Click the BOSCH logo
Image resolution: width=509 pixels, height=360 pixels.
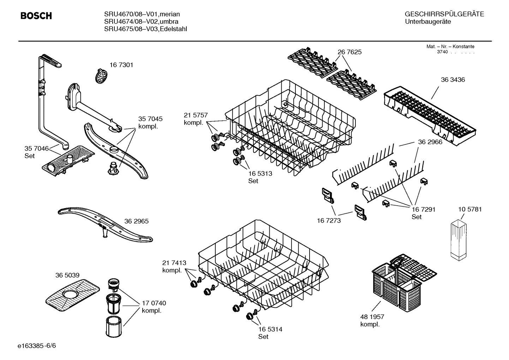tap(36, 16)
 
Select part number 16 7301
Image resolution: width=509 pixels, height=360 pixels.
tap(121, 65)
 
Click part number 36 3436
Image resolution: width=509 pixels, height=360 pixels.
tap(453, 79)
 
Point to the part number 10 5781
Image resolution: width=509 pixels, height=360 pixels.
tap(469, 209)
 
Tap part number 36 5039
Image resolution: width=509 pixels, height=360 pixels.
tap(67, 275)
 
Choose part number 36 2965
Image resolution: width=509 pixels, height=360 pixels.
tap(136, 221)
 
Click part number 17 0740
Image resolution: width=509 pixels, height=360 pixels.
tap(154, 303)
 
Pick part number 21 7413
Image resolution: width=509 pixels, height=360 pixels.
tap(174, 263)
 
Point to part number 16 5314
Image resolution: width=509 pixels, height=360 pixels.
tap(270, 329)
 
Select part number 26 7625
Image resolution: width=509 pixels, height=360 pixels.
tap(349, 52)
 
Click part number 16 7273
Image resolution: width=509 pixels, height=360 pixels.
tap(329, 220)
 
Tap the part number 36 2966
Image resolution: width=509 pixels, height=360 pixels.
tap(430, 142)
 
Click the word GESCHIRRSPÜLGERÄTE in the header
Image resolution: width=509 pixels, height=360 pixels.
tap(444, 14)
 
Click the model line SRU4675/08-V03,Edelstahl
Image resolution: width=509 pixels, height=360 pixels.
tap(145, 29)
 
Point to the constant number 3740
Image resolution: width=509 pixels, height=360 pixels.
tap(442, 52)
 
